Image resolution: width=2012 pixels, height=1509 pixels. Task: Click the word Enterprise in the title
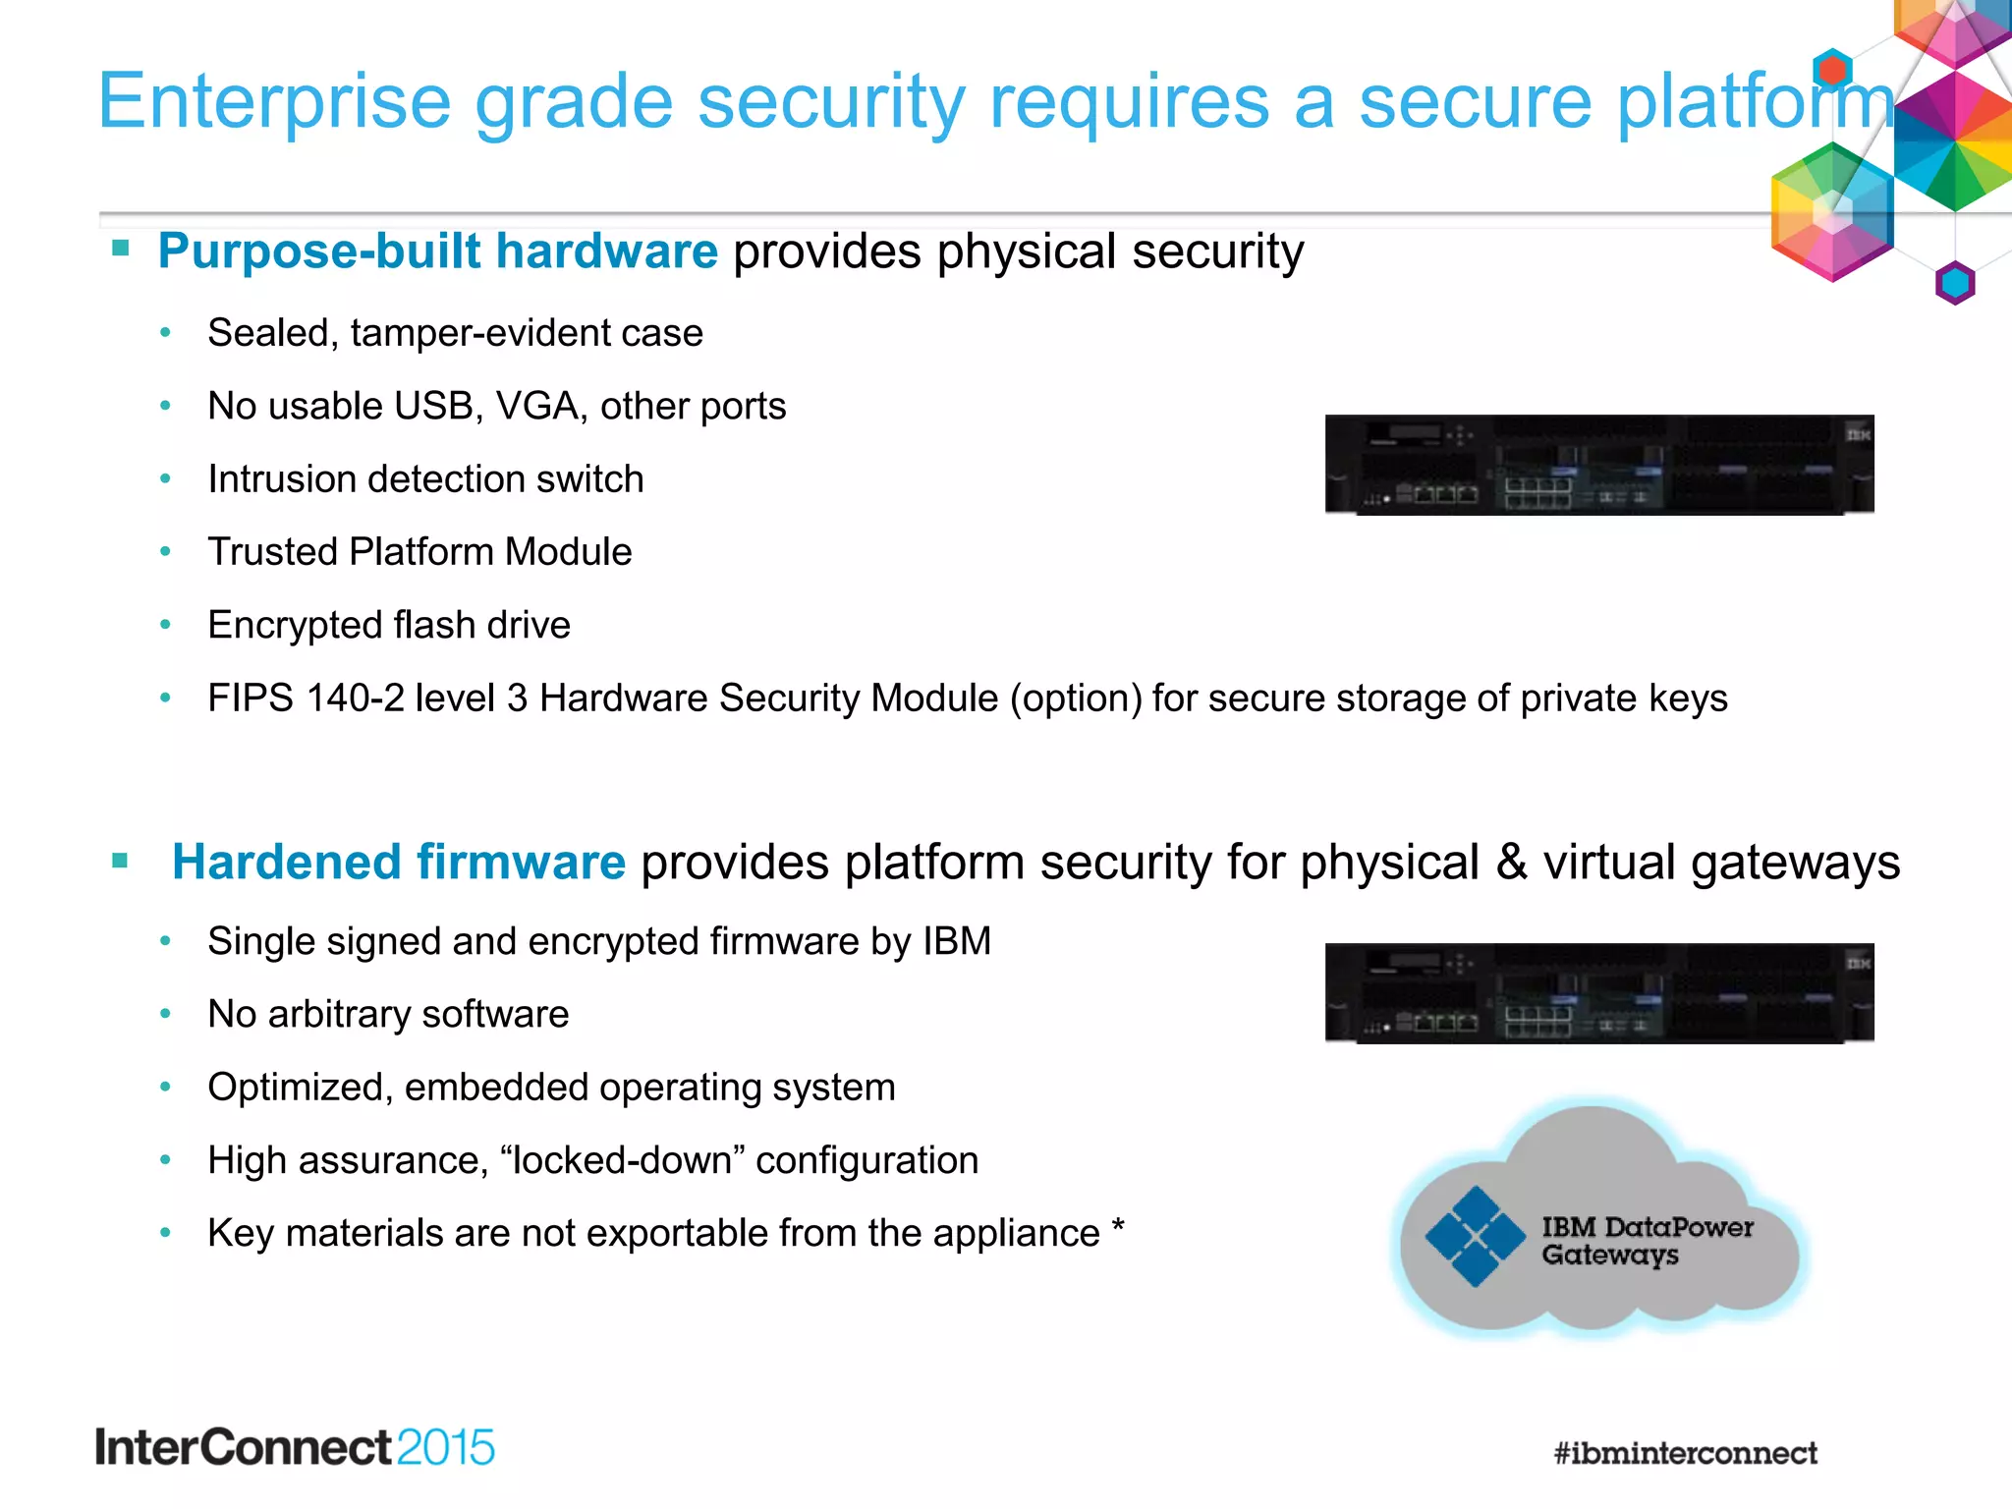coord(273,102)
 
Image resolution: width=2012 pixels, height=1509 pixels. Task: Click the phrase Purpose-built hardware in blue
coord(438,251)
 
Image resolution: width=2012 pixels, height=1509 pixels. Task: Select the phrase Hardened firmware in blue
coord(399,863)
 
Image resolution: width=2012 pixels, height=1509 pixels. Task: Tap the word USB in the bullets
coord(437,406)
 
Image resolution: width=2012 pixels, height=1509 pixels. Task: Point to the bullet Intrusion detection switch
coord(425,479)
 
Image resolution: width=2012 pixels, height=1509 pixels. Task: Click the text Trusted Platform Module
coord(419,552)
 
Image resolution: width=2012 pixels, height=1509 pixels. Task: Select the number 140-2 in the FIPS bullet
coord(355,699)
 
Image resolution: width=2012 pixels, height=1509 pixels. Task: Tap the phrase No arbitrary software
coord(388,1015)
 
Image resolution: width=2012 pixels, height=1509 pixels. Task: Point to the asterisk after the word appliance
coord(1117,1228)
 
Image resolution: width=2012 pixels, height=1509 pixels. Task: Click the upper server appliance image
coord(1598,465)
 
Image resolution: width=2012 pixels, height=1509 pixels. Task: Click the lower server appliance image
coord(1598,993)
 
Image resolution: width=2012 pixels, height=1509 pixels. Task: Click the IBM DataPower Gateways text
coord(1646,1241)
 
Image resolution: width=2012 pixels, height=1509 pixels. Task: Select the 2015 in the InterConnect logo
coord(446,1448)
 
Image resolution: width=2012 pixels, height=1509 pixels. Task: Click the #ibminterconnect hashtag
coord(1685,1453)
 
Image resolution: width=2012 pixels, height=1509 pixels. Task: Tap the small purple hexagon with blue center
coord(1954,283)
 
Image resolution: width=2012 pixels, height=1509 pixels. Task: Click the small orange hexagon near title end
coord(1831,70)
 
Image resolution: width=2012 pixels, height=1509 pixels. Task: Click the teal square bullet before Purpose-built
coord(121,248)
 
